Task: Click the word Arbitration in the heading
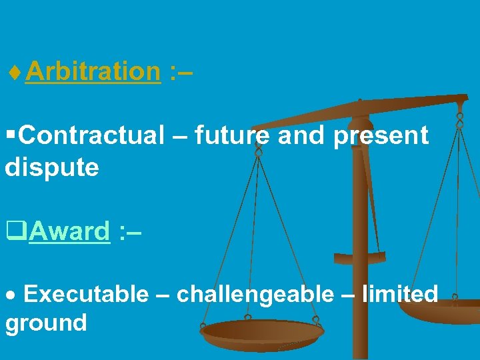click(93, 71)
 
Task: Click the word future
click(232, 135)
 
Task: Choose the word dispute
click(52, 167)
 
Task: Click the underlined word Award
click(69, 231)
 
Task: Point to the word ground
click(46, 323)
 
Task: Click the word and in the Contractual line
click(300, 135)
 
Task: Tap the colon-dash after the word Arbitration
click(181, 71)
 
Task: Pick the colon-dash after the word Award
click(129, 231)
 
